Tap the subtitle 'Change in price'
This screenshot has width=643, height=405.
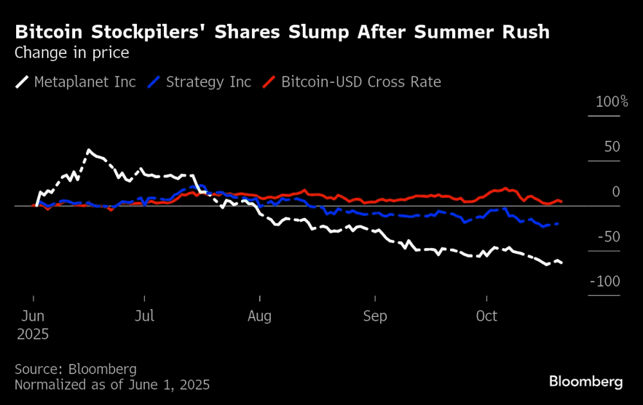(x=71, y=53)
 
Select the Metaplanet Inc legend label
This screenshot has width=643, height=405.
(x=85, y=82)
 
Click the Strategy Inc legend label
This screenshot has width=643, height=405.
(x=208, y=82)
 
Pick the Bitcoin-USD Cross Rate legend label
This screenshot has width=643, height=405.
(x=361, y=82)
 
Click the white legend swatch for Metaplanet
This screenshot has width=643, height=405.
(x=23, y=82)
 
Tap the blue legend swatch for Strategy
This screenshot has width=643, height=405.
(x=154, y=82)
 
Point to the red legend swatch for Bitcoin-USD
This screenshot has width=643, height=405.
(x=269, y=82)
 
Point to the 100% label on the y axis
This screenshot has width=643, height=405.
(x=611, y=102)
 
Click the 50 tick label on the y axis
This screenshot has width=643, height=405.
(x=611, y=147)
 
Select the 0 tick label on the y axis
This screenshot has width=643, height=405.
(x=616, y=192)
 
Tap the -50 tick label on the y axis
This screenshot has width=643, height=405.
(x=609, y=237)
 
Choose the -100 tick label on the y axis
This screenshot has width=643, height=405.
(x=606, y=282)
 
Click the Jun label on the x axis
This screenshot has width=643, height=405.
(x=33, y=316)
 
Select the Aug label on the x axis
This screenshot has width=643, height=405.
(x=260, y=316)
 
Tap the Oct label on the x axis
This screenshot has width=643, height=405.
(x=487, y=316)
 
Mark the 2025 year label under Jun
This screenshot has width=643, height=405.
(x=32, y=334)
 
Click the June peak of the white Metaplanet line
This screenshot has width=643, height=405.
(x=88, y=150)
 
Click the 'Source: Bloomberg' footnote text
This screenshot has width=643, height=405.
(x=75, y=369)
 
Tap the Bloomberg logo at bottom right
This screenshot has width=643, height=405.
(x=586, y=382)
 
